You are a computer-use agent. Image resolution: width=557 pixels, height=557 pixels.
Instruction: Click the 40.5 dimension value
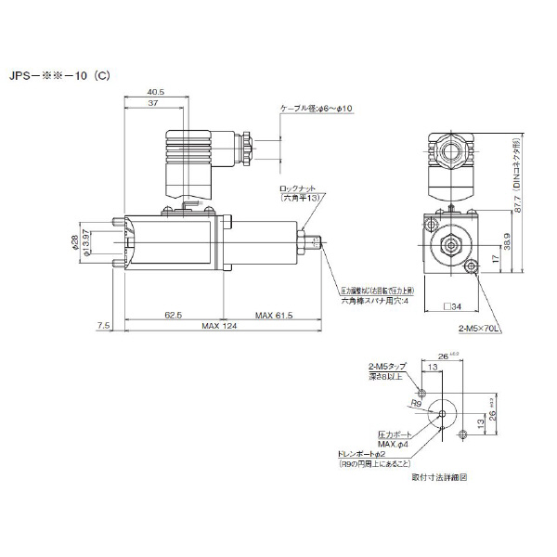pyautogui.click(x=156, y=91)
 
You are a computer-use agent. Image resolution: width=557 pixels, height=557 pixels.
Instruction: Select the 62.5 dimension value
pyautogui.click(x=174, y=316)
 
